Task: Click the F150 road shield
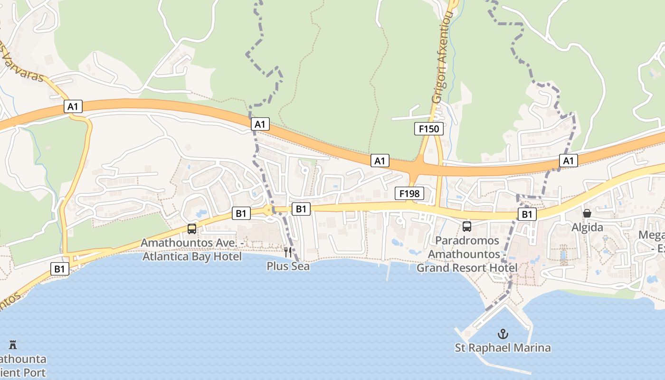428,129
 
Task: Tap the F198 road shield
409,193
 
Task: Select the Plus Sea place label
288,266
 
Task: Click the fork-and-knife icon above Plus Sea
288,252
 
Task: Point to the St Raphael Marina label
503,348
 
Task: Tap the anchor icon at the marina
503,334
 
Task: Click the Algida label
587,228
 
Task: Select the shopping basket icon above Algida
587,214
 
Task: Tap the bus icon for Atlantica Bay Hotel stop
192,229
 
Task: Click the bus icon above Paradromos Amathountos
467,227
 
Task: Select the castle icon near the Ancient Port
13,344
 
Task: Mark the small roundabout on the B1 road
269,209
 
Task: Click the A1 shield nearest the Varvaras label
73,106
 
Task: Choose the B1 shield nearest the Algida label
527,214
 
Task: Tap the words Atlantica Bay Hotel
191,256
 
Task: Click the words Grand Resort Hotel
467,268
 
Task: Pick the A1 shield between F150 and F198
380,161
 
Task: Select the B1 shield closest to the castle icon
59,269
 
